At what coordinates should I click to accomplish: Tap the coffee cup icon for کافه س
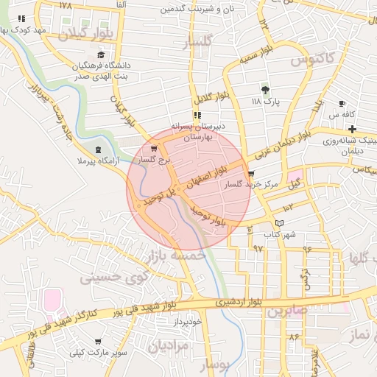[x=342, y=104]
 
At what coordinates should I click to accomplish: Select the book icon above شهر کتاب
[x=278, y=223]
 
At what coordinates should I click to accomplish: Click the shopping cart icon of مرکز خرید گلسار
[x=251, y=175]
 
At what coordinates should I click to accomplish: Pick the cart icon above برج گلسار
[x=153, y=148]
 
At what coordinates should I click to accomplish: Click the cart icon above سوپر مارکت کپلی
[x=99, y=341]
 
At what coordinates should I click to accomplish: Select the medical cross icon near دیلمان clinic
[x=353, y=129]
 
